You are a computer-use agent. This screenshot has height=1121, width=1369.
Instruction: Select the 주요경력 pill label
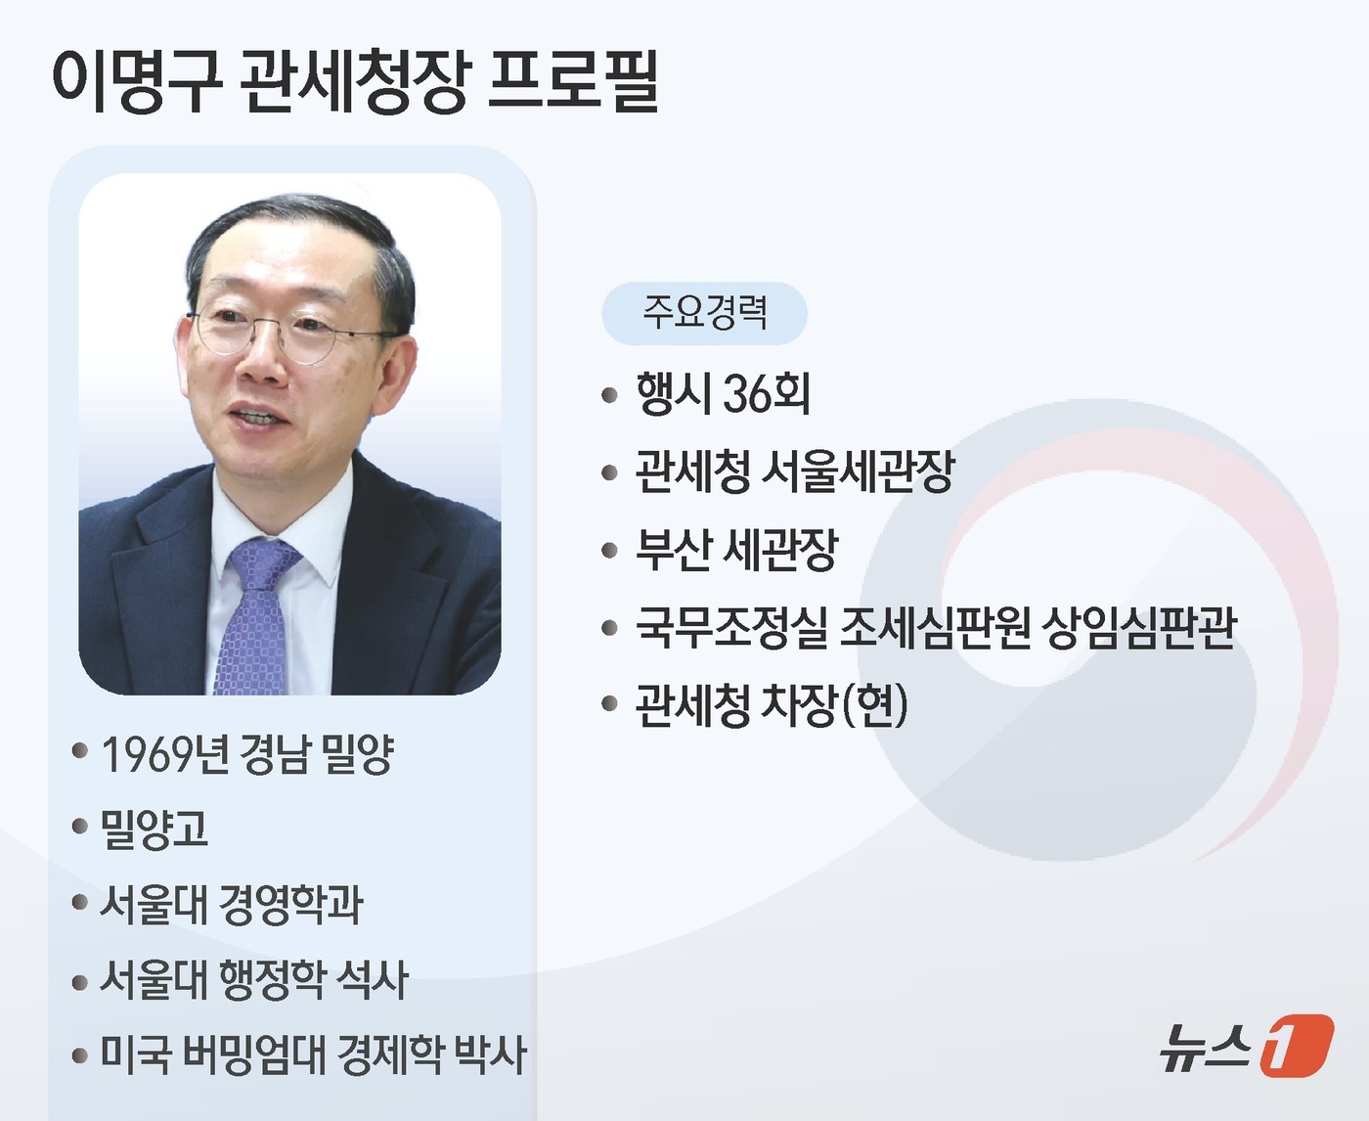(x=704, y=313)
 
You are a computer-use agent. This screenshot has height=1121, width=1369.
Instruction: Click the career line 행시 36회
(x=723, y=393)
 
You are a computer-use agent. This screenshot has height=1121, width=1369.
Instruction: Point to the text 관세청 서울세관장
(x=794, y=471)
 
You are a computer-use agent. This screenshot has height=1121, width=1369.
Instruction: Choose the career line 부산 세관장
(x=736, y=549)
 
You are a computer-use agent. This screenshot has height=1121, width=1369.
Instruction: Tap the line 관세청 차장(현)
(x=771, y=704)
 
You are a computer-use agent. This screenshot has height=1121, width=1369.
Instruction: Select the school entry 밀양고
(x=155, y=829)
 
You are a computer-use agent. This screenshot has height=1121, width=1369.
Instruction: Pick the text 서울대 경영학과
(x=232, y=904)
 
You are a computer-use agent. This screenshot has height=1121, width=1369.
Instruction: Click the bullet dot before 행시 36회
(x=610, y=395)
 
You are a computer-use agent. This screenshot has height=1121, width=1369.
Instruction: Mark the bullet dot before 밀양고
(x=80, y=828)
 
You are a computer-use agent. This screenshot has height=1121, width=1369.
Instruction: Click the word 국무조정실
(x=731, y=627)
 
